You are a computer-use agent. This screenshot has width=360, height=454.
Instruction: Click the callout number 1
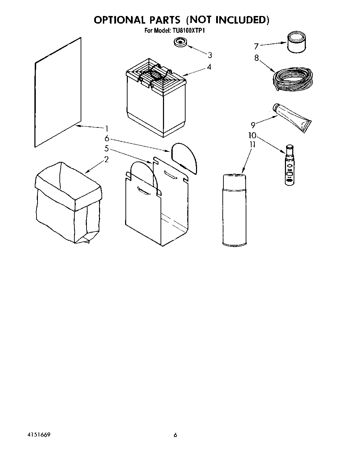pyautogui.click(x=107, y=128)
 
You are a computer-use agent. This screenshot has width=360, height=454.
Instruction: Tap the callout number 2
pyautogui.click(x=107, y=159)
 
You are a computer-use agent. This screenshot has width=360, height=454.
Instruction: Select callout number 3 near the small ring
pyautogui.click(x=210, y=55)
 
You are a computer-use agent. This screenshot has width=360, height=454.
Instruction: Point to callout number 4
pyautogui.click(x=209, y=67)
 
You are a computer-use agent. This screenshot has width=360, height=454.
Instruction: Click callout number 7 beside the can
pyautogui.click(x=256, y=46)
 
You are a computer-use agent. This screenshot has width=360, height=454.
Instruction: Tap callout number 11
pyautogui.click(x=253, y=144)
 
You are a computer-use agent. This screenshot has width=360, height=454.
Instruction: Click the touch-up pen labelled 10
pyautogui.click(x=289, y=165)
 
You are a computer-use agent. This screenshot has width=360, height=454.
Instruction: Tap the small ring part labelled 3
pyautogui.click(x=181, y=42)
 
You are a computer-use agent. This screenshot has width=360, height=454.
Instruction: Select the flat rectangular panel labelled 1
pyautogui.click(x=58, y=93)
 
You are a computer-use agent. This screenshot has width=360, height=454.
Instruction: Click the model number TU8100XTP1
pyautogui.click(x=188, y=31)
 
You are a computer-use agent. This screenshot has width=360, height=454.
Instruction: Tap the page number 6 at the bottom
pyautogui.click(x=175, y=435)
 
